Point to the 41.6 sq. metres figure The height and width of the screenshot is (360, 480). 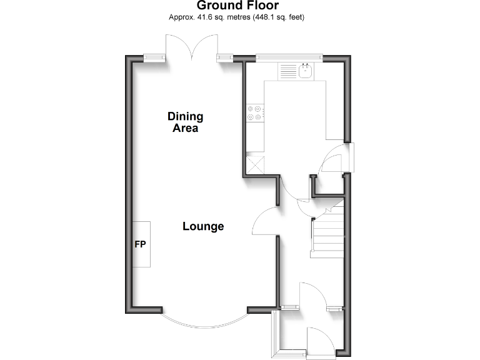(x=216, y=17)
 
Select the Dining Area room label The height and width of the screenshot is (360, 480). (x=185, y=122)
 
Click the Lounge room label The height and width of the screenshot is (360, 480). (x=203, y=226)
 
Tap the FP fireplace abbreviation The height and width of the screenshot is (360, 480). (x=140, y=244)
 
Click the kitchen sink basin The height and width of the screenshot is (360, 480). (x=306, y=71)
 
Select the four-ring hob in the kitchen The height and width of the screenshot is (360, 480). (x=255, y=112)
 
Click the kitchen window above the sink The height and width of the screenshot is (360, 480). (x=289, y=59)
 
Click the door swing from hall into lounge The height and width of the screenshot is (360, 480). (x=266, y=222)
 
